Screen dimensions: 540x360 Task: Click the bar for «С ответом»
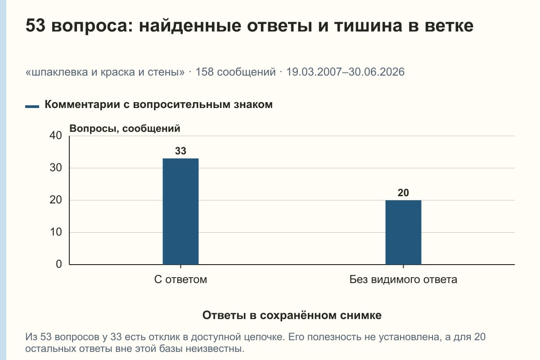click(180, 211)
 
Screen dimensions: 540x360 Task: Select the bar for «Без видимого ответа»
click(403, 232)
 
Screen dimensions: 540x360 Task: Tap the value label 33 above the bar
click(180, 151)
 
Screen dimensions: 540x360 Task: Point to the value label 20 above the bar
click(403, 193)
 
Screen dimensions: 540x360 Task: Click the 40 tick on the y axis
click(56, 135)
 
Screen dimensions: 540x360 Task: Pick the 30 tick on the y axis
click(56, 168)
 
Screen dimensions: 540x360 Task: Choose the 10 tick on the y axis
click(56, 232)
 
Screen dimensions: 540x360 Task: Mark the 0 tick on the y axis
click(59, 264)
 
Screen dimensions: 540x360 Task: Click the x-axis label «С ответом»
click(180, 279)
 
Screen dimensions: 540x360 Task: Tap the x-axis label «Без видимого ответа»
click(403, 279)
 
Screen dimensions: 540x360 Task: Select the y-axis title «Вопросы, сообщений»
click(125, 129)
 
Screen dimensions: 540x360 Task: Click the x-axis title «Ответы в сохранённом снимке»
click(292, 315)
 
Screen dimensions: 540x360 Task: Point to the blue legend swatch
click(32, 107)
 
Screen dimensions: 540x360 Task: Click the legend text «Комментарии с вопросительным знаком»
click(158, 104)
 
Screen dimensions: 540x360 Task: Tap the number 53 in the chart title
click(36, 25)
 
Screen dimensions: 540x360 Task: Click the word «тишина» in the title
click(368, 26)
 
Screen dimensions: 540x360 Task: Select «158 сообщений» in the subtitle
click(235, 72)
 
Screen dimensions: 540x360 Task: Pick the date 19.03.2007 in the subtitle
click(314, 72)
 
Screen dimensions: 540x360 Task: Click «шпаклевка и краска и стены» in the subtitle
click(105, 72)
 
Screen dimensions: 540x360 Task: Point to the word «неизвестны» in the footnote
click(215, 349)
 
